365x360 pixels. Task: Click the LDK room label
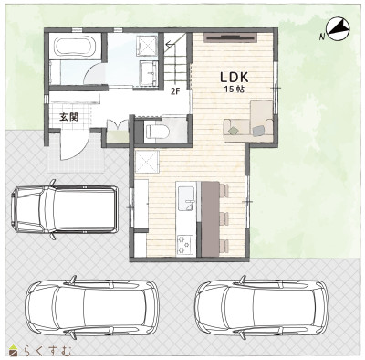(235, 78)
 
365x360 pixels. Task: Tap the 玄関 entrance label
(68, 117)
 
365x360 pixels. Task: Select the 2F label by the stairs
(174, 91)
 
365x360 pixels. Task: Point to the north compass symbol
(338, 30)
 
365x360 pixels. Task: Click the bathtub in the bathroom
(74, 46)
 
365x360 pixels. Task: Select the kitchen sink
(186, 198)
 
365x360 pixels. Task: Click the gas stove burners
(185, 244)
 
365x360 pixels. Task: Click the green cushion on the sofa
(233, 131)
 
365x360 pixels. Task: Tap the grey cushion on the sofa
(258, 131)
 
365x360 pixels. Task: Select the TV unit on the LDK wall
(231, 37)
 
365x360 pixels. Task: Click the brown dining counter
(210, 218)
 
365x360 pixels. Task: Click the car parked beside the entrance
(64, 209)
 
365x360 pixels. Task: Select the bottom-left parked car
(92, 307)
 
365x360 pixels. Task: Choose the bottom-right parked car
(262, 307)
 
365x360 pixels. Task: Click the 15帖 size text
(235, 90)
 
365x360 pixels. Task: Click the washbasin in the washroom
(149, 73)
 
